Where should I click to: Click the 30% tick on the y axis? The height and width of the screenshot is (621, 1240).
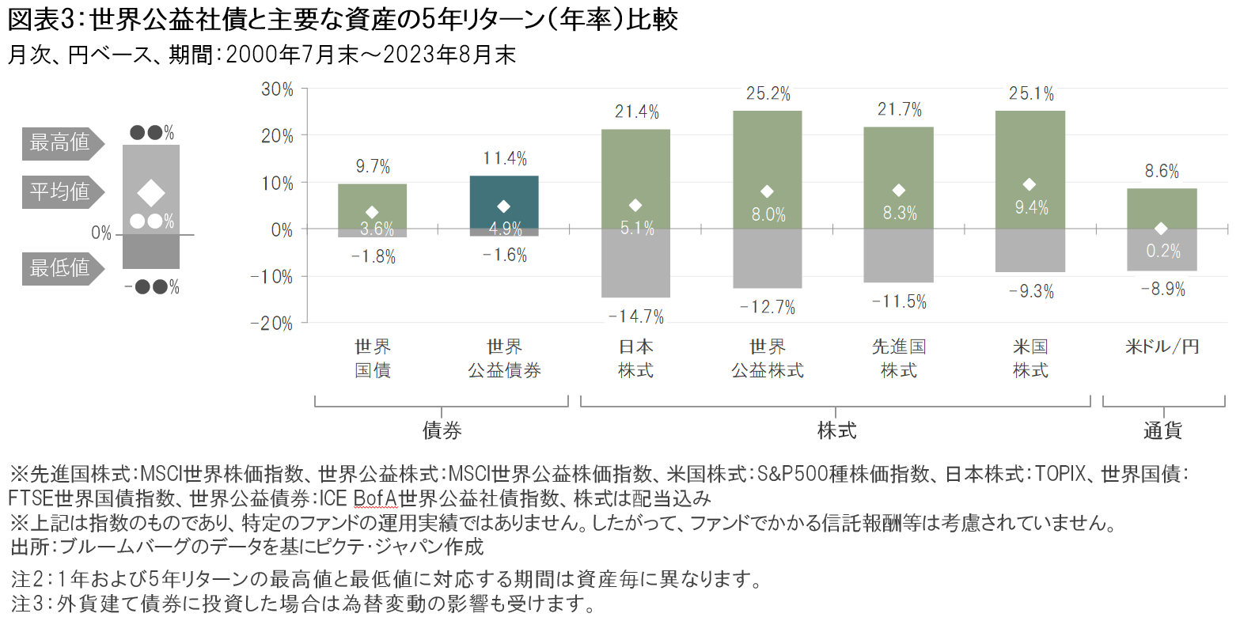coord(277,89)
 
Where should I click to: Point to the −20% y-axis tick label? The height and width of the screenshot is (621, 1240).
coord(272,324)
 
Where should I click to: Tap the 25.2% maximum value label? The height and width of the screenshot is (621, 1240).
coord(768,94)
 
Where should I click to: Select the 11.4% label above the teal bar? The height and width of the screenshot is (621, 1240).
coord(505,159)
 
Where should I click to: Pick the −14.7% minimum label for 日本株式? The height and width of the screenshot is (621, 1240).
coord(636,317)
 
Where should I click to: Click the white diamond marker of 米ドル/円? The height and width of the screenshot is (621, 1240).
coord(1161,229)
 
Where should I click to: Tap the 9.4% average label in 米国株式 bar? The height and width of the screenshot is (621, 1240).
coord(1031,207)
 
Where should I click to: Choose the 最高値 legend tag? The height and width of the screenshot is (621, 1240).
coord(60,143)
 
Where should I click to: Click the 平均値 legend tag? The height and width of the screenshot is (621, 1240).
coord(60,191)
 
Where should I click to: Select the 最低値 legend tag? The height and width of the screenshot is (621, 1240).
coord(60,268)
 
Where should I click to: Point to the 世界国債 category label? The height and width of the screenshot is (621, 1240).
coord(373,358)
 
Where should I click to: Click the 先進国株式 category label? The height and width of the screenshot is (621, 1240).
coord(899,358)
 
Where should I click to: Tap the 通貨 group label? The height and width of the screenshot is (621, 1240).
coord(1162,430)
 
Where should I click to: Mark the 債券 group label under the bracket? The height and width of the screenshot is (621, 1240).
coord(442,430)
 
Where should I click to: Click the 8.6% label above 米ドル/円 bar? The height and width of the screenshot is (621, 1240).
coord(1162,171)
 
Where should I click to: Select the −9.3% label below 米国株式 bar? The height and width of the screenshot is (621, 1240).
coord(1031,292)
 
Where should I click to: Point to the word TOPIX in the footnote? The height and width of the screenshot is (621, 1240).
coord(1062,474)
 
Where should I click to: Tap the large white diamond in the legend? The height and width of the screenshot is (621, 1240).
coord(150,193)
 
